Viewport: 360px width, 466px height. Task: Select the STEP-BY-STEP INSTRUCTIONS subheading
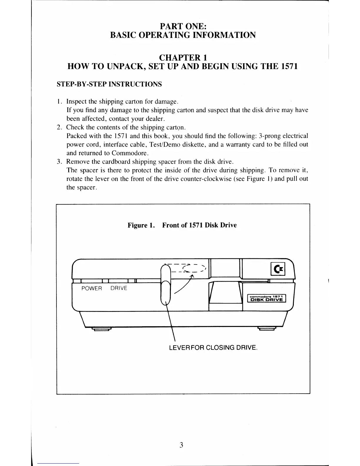tap(109, 84)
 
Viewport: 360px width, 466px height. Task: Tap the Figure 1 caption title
tap(182, 225)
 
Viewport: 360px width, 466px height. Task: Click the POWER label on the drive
tap(91, 288)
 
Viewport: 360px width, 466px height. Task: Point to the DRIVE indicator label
tap(119, 288)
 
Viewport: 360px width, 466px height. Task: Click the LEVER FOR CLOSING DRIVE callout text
tap(213, 347)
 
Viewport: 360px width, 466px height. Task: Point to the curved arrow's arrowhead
tap(193, 276)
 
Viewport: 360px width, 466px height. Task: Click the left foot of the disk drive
tap(101, 329)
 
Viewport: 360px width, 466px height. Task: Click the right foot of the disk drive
tap(266, 329)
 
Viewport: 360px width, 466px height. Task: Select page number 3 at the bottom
tap(181, 445)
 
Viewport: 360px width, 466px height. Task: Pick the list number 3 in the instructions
tap(59, 162)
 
